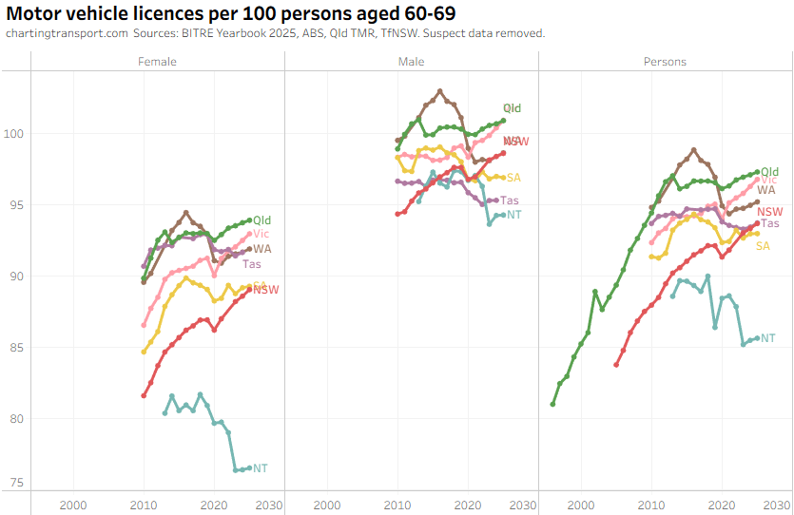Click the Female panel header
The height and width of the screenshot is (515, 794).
[x=158, y=62]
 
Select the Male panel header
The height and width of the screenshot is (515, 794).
[x=412, y=62]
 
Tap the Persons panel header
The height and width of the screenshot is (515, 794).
[x=664, y=62]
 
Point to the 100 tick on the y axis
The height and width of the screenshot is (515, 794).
[x=16, y=134]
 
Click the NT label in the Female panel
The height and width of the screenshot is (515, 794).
[x=261, y=468]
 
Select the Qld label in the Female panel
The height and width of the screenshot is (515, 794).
[x=262, y=220]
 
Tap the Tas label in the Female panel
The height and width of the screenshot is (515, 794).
[x=252, y=264]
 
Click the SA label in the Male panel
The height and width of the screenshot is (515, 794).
[x=513, y=178]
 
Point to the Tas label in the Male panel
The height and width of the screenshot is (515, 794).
[x=510, y=200]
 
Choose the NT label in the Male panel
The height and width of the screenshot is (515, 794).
[x=514, y=215]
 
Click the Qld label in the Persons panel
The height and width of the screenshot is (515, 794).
[x=770, y=172]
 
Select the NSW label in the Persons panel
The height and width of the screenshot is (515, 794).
[x=770, y=212]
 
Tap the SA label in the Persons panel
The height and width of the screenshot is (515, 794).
[x=763, y=246]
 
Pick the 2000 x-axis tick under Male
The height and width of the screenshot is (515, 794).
[x=327, y=505]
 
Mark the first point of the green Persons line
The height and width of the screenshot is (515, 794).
[x=552, y=405]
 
